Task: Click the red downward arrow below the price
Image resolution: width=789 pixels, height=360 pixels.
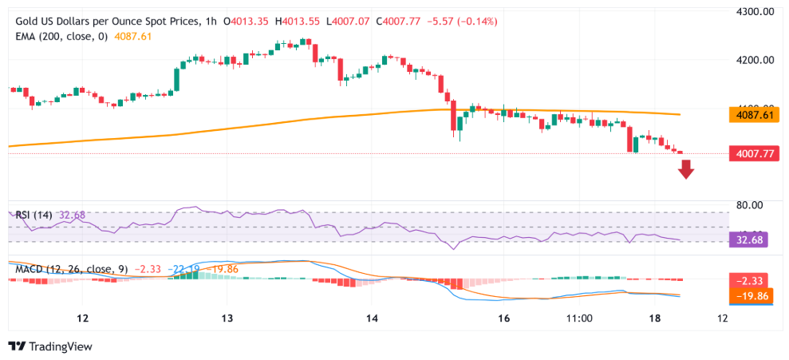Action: (686, 168)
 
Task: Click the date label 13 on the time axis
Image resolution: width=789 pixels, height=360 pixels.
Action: (227, 318)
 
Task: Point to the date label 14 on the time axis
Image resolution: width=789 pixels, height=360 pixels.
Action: (372, 318)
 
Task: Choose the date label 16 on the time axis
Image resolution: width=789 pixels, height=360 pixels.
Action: (503, 318)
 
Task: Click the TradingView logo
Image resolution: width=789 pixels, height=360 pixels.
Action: (50, 346)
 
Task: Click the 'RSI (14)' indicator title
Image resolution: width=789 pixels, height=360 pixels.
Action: (34, 215)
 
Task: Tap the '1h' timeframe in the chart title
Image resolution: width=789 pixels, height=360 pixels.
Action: (209, 22)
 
